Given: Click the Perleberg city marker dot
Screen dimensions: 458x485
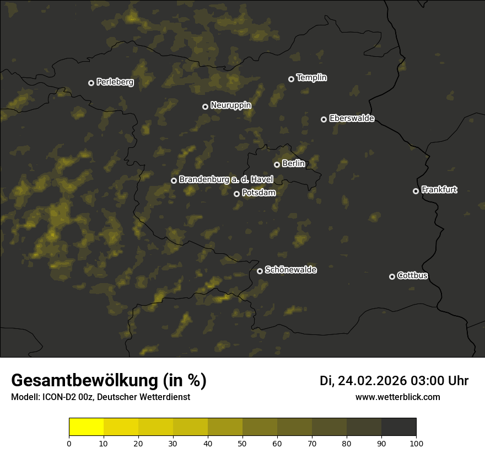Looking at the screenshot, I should click(x=91, y=83).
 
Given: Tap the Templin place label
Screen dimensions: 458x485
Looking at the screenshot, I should click(x=311, y=78).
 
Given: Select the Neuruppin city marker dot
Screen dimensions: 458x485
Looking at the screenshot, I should click(x=205, y=106).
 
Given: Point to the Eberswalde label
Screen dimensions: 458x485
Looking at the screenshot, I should click(x=351, y=119).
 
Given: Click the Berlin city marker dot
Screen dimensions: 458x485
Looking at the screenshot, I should click(x=277, y=164).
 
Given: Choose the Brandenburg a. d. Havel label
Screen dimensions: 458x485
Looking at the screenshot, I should click(x=226, y=180).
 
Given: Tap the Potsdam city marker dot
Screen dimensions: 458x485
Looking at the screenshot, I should click(x=236, y=194).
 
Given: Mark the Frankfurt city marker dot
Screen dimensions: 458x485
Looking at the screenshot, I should click(x=416, y=191).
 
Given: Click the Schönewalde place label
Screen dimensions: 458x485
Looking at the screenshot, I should click(x=290, y=270).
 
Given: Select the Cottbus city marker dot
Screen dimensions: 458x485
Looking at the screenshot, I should click(x=392, y=276).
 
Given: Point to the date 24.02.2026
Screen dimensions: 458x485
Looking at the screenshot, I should click(x=372, y=381).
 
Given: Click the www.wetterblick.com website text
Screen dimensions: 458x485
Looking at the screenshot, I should click(x=397, y=397).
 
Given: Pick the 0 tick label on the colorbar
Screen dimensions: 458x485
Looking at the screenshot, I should click(x=69, y=443).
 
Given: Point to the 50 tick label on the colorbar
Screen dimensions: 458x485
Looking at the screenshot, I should click(x=242, y=443).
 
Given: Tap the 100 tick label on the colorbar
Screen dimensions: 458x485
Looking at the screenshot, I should click(x=416, y=443).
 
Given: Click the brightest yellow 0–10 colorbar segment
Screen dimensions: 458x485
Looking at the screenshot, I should click(x=86, y=427).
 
